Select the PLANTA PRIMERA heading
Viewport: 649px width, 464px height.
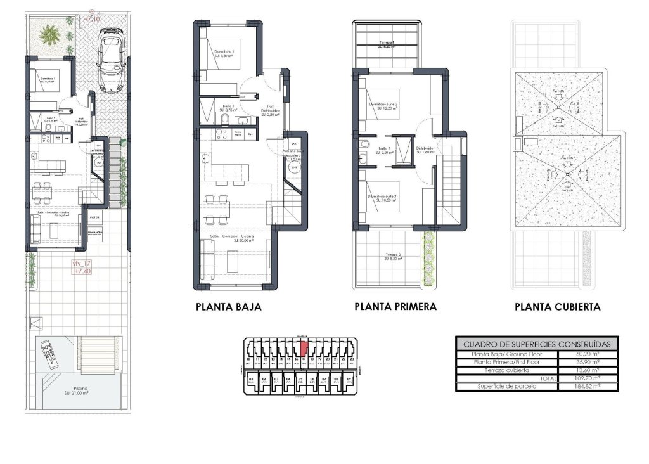coord(395,307)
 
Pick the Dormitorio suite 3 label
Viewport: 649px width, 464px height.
coord(383,198)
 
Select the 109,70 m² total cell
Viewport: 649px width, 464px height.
coord(588,378)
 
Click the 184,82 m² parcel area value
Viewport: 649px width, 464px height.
coord(588,386)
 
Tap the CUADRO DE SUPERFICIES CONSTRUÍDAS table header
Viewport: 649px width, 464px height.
coord(537,344)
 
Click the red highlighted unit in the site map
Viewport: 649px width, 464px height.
coord(304,349)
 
